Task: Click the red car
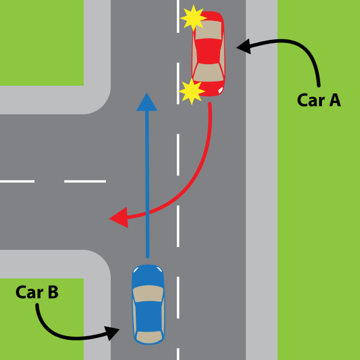pos(208,54)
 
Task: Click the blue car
pos(148,305)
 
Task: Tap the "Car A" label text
pos(318,100)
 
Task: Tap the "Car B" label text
pos(37,292)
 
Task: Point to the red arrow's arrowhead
pos(120,217)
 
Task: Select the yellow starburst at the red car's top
pos(193,18)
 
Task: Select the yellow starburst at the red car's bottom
pos(192,91)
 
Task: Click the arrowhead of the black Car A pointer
pos(242,46)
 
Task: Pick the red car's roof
pos(208,51)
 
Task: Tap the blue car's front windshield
pos(148,293)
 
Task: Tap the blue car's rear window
pos(149,337)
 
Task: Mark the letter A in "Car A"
pos(334,100)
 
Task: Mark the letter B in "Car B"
pos(52,292)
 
